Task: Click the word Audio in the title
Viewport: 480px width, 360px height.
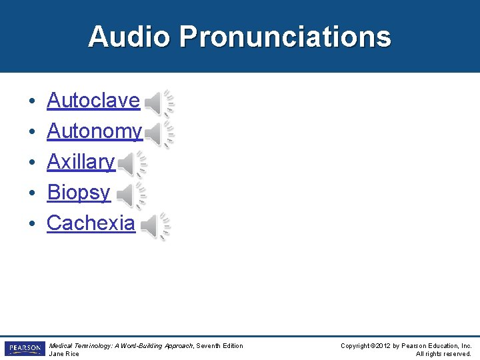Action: (129, 37)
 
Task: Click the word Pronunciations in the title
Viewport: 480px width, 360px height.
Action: (285, 37)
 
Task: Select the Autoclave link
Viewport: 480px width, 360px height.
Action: (93, 101)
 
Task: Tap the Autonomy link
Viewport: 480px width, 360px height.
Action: (94, 131)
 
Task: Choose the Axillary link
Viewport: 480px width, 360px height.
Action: (81, 161)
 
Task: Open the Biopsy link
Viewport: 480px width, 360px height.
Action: (79, 192)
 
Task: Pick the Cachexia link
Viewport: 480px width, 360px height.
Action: (91, 223)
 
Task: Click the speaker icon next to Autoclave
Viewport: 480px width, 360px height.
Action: (159, 103)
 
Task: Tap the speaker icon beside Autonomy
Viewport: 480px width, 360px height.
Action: (159, 133)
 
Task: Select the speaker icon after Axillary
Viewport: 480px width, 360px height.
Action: (132, 164)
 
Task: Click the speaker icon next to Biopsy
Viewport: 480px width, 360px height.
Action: (131, 195)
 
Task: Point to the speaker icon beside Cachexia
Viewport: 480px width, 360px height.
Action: (155, 227)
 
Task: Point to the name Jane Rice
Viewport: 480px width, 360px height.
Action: (65, 354)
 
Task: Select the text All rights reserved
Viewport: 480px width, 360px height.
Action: (443, 354)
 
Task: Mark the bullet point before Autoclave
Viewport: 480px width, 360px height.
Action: (32, 102)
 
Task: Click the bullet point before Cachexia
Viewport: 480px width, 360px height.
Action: (32, 224)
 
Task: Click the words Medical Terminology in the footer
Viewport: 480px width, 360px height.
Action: (79, 345)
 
